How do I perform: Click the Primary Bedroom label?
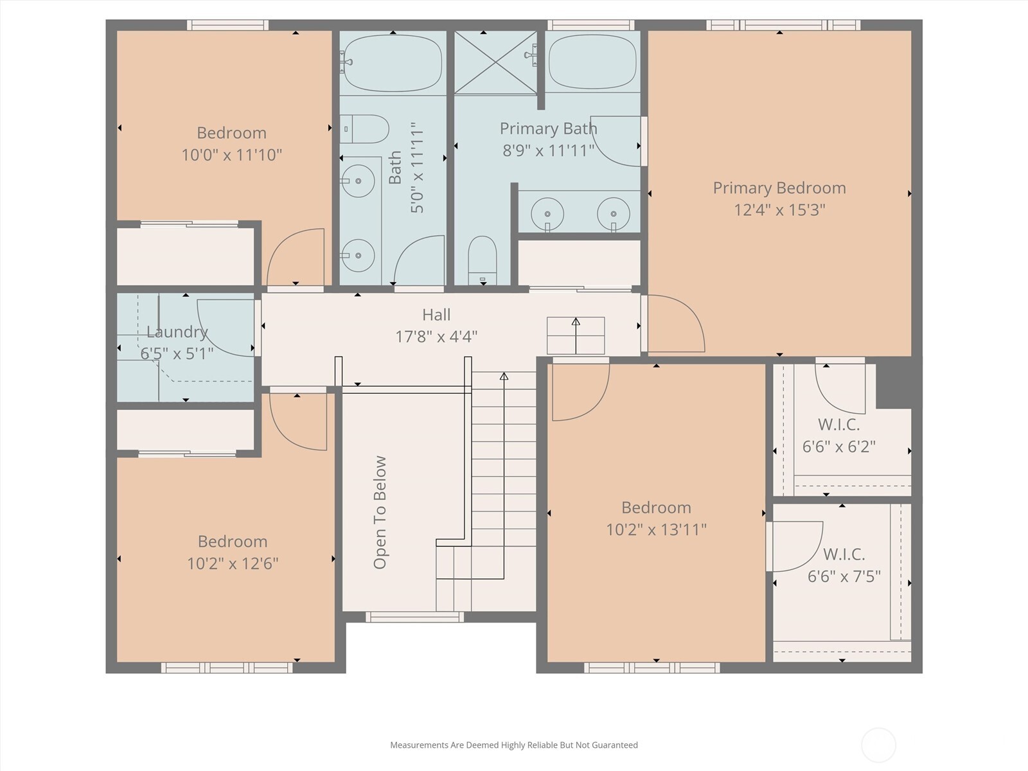click(x=779, y=188)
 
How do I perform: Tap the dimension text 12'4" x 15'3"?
click(x=779, y=209)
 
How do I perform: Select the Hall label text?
click(x=436, y=315)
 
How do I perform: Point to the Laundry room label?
click(x=177, y=332)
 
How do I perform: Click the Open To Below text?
click(x=380, y=512)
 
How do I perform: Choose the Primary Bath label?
click(x=549, y=128)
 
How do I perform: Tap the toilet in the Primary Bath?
click(x=483, y=260)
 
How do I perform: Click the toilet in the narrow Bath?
click(x=364, y=128)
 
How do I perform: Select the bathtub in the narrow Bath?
click(x=393, y=63)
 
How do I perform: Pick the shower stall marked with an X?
click(x=495, y=62)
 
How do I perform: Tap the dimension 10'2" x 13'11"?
click(x=657, y=529)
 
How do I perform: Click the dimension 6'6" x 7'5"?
click(x=844, y=576)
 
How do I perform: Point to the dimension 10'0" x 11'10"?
click(x=232, y=154)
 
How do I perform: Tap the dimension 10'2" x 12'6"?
click(x=233, y=563)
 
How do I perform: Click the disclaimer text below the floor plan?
click(x=514, y=745)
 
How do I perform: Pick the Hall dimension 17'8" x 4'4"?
click(x=436, y=337)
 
